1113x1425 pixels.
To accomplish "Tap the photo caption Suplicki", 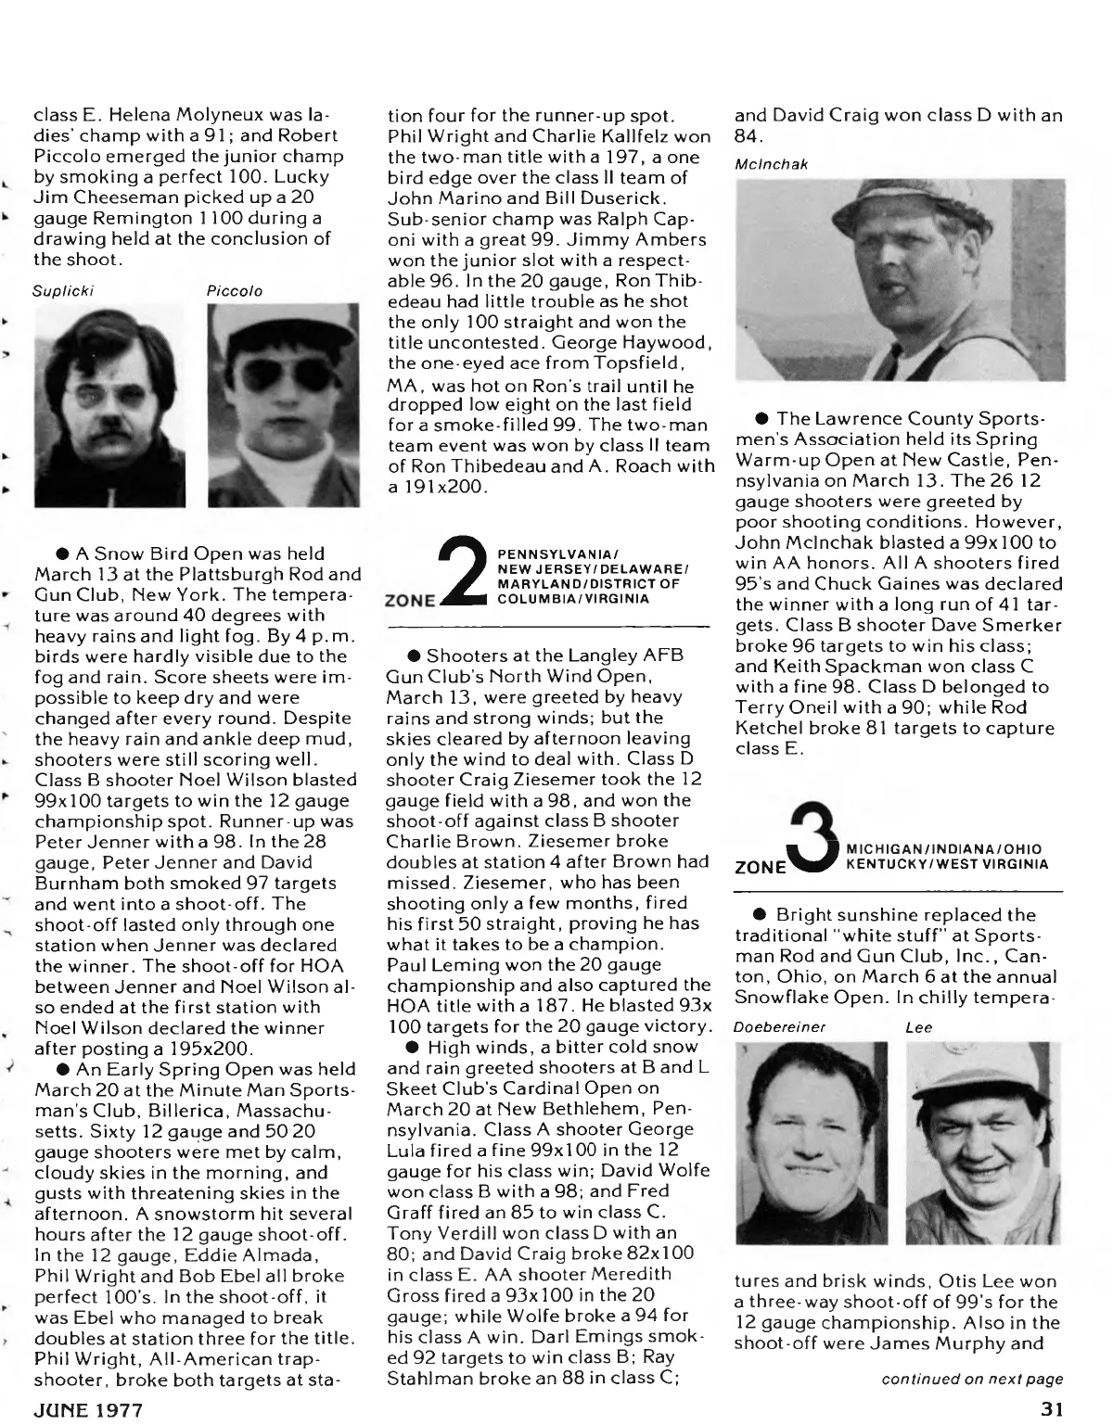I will point(64,291).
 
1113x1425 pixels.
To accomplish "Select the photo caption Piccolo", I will point(235,291).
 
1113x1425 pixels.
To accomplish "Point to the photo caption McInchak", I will point(770,165).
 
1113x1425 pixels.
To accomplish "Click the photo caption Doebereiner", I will point(778,1026).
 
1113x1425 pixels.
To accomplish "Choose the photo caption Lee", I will point(918,1026).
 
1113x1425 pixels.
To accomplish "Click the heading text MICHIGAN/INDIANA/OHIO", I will point(941,849).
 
